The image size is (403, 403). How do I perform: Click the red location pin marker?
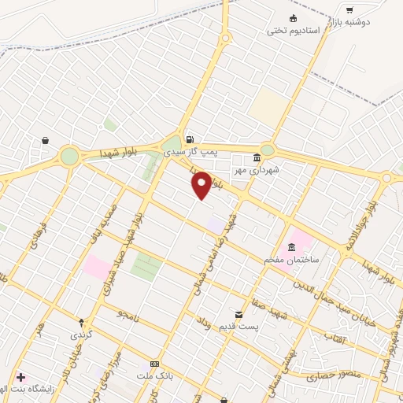pyautogui.click(x=201, y=185)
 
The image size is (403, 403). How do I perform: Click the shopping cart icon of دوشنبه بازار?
pyautogui.click(x=349, y=10)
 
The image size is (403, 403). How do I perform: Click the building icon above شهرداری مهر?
pyautogui.click(x=257, y=157)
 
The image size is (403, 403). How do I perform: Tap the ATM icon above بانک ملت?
pyautogui.click(x=155, y=364)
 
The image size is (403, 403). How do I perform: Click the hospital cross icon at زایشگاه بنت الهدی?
pyautogui.click(x=20, y=377)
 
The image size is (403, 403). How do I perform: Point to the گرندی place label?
pyautogui.click(x=81, y=334)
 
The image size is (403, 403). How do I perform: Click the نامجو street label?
pyautogui.click(x=128, y=315)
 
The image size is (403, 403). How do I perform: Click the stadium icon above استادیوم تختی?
pyautogui.click(x=294, y=19)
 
